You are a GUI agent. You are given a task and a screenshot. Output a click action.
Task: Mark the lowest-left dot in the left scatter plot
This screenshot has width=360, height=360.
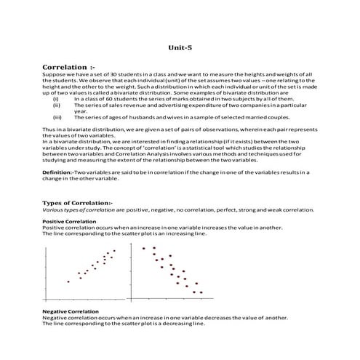click(68, 281)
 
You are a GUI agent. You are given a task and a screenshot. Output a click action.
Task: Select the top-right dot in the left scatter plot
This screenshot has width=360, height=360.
click(114, 251)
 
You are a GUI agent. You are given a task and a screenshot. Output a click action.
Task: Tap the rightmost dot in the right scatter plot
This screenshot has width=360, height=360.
click(201, 292)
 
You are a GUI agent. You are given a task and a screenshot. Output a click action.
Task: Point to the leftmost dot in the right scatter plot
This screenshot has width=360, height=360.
click(143, 249)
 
